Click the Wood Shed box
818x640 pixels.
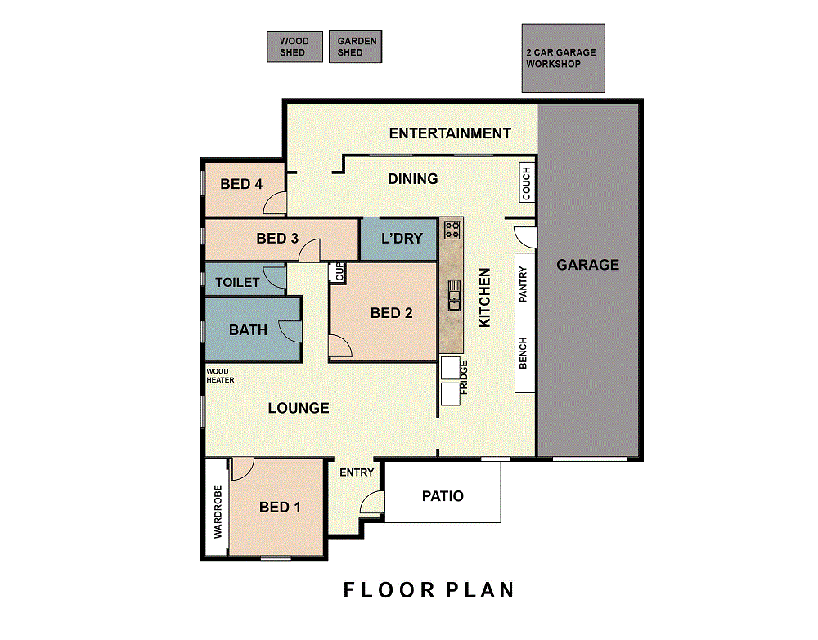pos(294,47)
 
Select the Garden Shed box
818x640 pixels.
pos(355,47)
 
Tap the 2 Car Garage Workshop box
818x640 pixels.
pos(564,58)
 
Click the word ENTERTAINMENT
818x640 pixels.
pos(450,133)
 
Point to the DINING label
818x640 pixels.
pos(412,179)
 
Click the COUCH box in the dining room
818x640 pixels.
pos(527,183)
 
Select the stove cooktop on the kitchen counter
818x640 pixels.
pos(452,230)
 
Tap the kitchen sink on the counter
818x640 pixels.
pos(454,294)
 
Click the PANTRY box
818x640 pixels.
pos(525,286)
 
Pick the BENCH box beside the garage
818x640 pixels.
pos(525,356)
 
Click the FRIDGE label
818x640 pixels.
pos(463,378)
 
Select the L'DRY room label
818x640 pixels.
pos(402,239)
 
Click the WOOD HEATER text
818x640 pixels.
pos(220,376)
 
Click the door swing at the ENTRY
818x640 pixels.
pos(371,501)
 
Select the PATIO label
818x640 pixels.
pos(443,495)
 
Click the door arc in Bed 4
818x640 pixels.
pos(274,203)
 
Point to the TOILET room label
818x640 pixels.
pos(237,283)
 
